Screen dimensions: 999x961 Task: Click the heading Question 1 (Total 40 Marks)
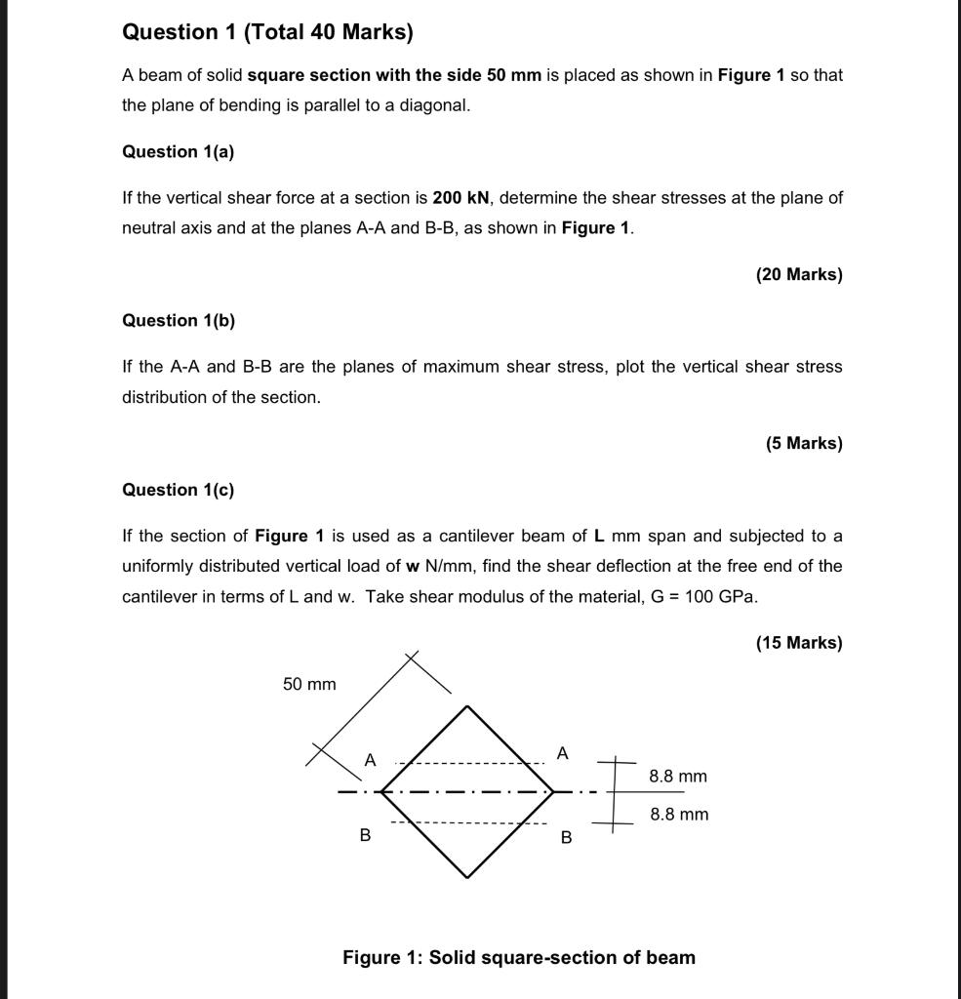267,32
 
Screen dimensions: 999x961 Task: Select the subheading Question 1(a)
178,151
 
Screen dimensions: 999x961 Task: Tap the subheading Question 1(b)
178,320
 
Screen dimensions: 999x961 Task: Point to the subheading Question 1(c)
178,490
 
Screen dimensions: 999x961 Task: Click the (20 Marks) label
798,274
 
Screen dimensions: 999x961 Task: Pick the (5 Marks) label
803,443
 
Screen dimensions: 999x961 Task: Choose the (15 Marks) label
798,642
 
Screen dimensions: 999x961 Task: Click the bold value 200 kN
460,198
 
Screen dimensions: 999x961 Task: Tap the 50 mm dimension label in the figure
309,685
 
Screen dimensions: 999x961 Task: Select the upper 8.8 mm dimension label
678,777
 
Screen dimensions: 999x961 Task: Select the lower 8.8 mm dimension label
679,815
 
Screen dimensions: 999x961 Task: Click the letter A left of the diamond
370,760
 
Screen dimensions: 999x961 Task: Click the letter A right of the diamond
562,753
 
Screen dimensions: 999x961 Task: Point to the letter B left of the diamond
365,835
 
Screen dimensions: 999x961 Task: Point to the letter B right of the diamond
566,837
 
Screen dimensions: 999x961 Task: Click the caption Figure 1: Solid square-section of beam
518,957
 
